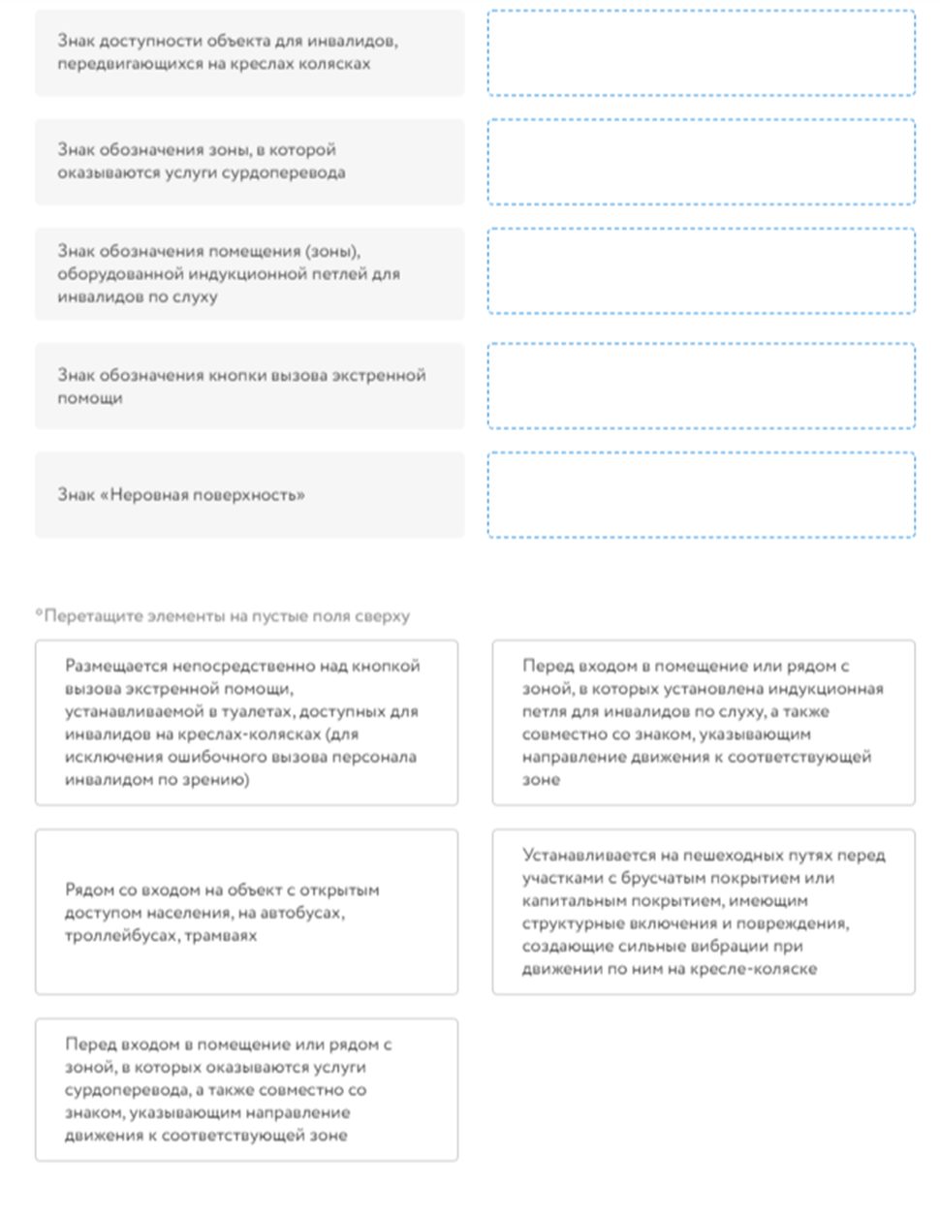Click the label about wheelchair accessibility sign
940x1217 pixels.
[x=249, y=52]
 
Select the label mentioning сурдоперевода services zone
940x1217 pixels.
[x=249, y=162]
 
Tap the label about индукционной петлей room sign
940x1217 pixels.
[x=249, y=273]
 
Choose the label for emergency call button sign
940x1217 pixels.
[x=249, y=386]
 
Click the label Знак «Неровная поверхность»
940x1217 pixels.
[x=249, y=495]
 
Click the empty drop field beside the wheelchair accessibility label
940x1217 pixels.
[x=701, y=52]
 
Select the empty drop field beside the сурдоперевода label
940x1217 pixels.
[x=701, y=162]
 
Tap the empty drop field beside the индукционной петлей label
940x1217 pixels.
[x=701, y=271]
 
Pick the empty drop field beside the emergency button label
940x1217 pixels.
[x=701, y=386]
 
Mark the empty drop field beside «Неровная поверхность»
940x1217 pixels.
[x=701, y=495]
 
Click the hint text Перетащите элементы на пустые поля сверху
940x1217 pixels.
[x=223, y=616]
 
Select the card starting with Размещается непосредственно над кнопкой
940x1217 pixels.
[x=246, y=722]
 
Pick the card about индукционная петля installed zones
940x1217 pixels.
[x=703, y=722]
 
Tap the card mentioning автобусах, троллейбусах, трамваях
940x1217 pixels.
[x=246, y=912]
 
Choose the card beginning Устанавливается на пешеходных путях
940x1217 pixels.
[x=703, y=912]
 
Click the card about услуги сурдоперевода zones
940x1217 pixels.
[x=246, y=1089]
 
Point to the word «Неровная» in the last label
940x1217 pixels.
[x=151, y=495]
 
